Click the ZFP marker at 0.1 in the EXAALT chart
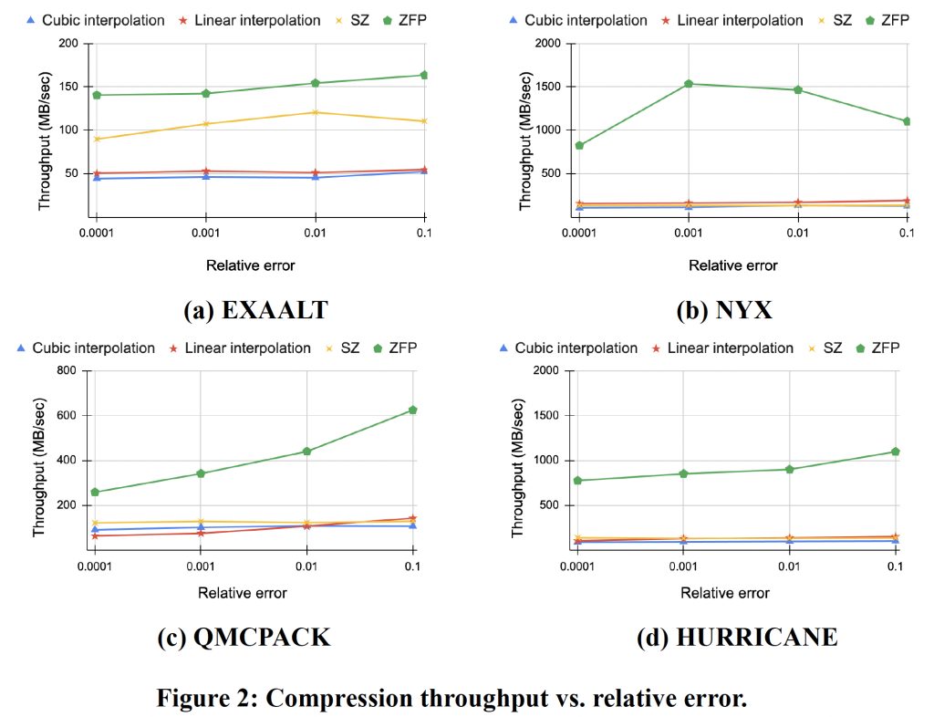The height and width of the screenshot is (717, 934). click(423, 75)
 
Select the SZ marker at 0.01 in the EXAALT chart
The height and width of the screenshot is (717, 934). click(315, 112)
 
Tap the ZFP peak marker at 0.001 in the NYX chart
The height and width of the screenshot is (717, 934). click(688, 84)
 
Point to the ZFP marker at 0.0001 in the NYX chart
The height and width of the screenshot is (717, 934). click(578, 145)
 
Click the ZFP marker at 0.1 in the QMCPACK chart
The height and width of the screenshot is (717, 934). click(412, 410)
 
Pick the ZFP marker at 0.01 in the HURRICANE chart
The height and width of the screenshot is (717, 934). click(789, 469)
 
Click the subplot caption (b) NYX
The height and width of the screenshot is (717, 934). click(724, 310)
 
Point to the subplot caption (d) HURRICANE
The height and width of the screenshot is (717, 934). click(736, 637)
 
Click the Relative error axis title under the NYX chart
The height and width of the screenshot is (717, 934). click(733, 265)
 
